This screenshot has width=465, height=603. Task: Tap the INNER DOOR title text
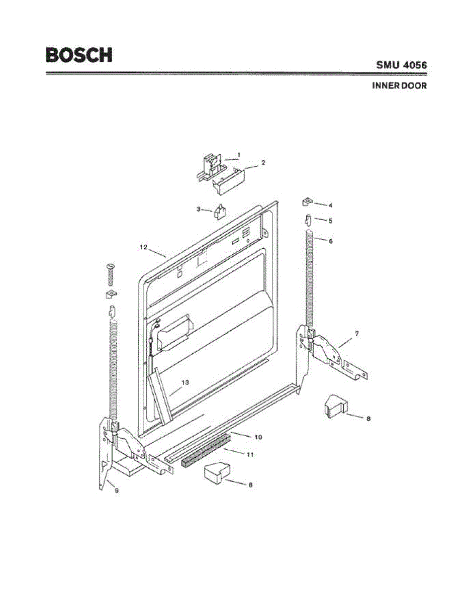point(399,86)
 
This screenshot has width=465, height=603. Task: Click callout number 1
point(239,154)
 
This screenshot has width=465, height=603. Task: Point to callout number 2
point(263,163)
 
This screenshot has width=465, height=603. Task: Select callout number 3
point(199,209)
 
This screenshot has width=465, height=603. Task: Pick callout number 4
point(330,205)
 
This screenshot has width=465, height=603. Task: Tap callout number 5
point(330,220)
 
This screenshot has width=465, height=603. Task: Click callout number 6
point(330,241)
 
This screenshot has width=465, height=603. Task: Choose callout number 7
point(356,334)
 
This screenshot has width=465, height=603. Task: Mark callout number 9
point(116,491)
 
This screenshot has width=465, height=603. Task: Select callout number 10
point(258,437)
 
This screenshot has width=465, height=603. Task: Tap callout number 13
point(185,382)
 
